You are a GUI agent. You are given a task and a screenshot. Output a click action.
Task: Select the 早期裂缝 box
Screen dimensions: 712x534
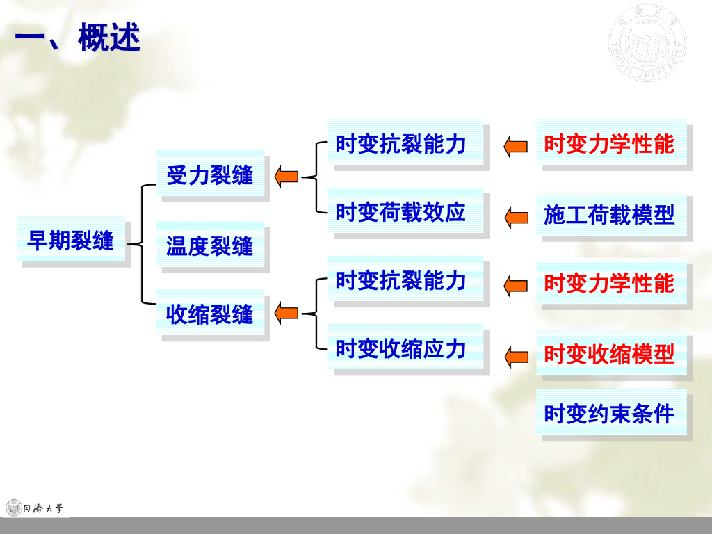click(x=71, y=241)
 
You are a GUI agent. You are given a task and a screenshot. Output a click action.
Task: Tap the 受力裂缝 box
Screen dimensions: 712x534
click(x=210, y=174)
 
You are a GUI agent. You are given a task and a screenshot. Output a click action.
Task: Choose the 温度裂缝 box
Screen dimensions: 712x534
click(x=210, y=245)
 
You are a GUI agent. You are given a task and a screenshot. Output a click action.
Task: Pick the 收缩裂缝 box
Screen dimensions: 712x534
click(x=210, y=314)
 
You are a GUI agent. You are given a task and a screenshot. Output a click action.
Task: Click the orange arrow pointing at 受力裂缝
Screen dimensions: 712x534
click(x=286, y=177)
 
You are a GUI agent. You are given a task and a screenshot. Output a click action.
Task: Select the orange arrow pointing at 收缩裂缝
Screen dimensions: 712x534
click(x=286, y=314)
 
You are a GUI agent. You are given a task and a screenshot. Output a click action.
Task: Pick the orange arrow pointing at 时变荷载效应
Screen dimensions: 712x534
click(x=516, y=217)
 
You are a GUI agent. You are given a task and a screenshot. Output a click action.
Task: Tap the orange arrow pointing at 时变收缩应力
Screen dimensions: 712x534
click(x=516, y=357)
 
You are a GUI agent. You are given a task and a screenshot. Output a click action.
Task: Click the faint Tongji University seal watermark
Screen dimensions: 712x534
click(x=647, y=45)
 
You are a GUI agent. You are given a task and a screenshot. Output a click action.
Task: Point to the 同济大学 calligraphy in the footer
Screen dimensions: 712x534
click(x=44, y=508)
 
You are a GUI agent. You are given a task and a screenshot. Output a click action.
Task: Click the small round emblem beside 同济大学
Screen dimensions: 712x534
click(x=13, y=508)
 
